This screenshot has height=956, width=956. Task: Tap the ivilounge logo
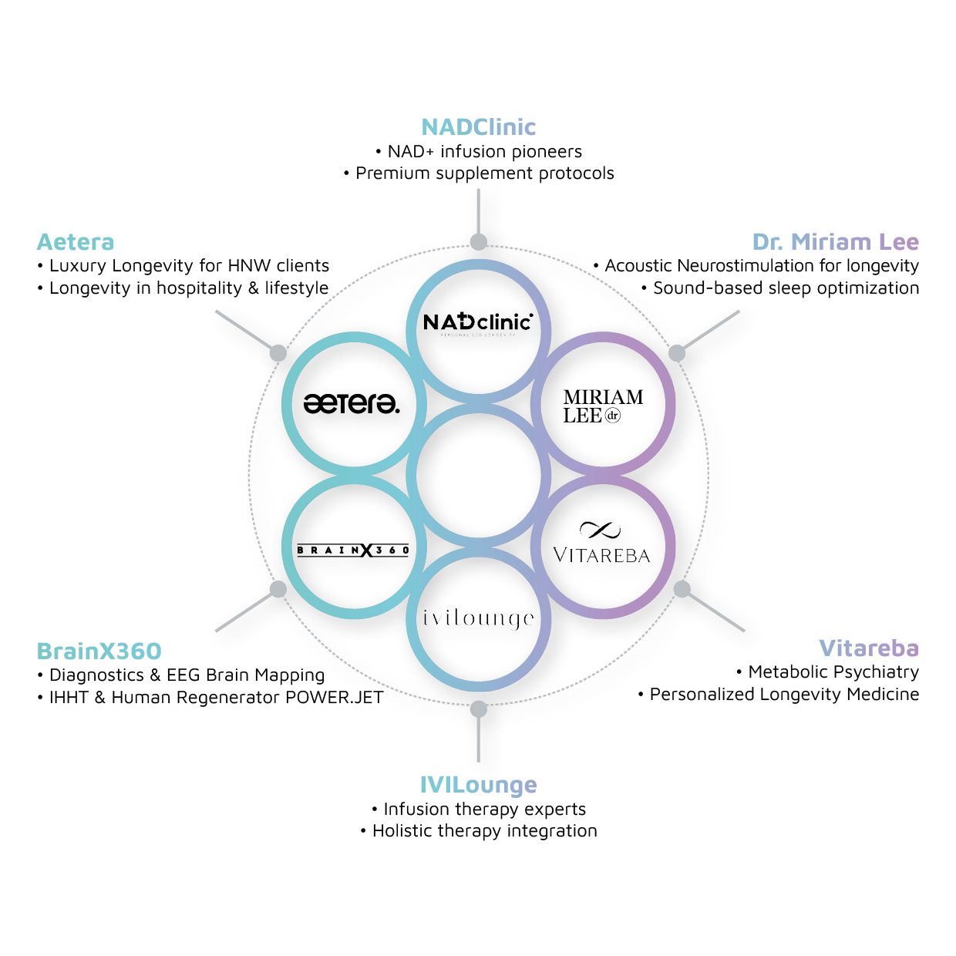tap(478, 618)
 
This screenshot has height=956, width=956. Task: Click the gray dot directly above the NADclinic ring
tap(478, 241)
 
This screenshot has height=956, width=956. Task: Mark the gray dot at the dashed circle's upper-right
tap(676, 353)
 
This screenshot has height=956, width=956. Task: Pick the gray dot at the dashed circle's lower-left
tap(278, 589)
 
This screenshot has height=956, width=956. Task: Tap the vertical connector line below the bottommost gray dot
tap(478, 739)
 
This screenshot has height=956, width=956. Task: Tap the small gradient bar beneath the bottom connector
tap(483, 791)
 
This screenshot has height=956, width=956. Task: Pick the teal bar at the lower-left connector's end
tap(123, 655)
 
